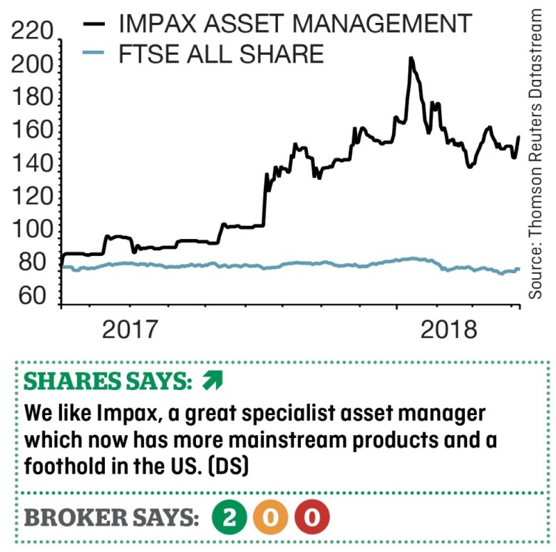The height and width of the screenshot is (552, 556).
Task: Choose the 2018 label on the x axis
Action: (x=448, y=330)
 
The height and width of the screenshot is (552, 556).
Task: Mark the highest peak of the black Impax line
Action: (x=411, y=59)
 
